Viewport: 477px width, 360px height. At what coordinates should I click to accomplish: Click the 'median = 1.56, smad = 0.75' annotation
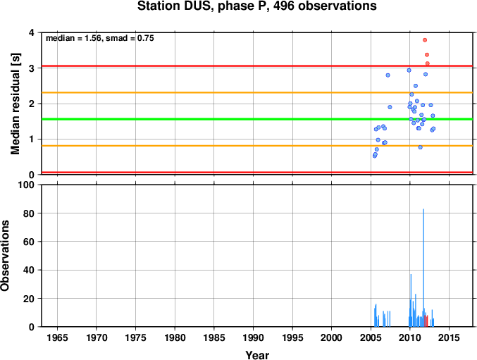tap(100, 38)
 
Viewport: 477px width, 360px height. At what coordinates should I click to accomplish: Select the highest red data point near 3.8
tap(425, 40)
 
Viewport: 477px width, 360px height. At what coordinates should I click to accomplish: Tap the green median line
tap(257, 119)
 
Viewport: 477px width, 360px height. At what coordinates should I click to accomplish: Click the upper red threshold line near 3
tap(257, 66)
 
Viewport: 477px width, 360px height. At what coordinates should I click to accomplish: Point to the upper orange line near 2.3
tap(257, 93)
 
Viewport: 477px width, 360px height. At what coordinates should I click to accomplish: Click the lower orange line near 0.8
tap(257, 146)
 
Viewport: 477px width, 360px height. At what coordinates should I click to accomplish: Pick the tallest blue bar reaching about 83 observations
tap(423, 268)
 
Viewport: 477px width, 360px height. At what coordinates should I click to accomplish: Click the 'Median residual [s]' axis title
tap(16, 104)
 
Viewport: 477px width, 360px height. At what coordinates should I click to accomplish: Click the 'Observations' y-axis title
tap(5, 256)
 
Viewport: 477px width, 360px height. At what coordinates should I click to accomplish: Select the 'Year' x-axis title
tap(257, 355)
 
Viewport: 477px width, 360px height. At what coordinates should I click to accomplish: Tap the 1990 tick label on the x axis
tap(253, 337)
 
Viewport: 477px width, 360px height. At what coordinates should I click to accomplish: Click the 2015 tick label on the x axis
tap(449, 337)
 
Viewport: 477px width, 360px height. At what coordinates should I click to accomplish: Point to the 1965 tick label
tap(57, 337)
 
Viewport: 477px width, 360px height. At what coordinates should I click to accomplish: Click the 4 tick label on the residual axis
tap(31, 32)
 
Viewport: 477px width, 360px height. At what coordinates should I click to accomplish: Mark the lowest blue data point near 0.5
tap(374, 156)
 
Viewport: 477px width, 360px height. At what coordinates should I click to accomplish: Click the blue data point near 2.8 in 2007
tap(388, 75)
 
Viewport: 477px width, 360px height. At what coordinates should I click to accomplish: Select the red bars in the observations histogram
tap(426, 321)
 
